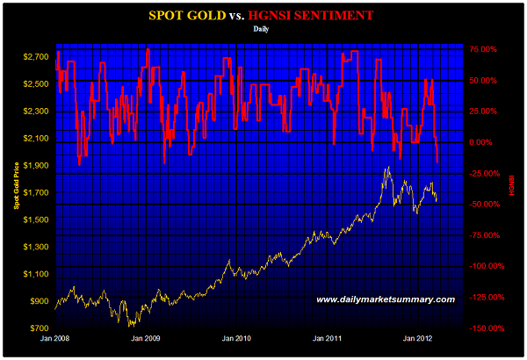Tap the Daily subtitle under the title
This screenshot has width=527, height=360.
click(x=262, y=29)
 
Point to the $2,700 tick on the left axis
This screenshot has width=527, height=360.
click(x=36, y=57)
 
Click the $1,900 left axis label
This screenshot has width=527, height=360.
click(x=36, y=166)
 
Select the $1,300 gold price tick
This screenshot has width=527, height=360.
click(x=36, y=247)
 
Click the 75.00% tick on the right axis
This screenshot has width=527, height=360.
click(x=484, y=50)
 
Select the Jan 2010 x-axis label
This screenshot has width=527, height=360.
click(x=237, y=338)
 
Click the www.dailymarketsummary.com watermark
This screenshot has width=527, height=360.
click(x=386, y=300)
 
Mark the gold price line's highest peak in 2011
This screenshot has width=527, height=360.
click(x=386, y=168)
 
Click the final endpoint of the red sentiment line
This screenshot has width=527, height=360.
click(x=437, y=160)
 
